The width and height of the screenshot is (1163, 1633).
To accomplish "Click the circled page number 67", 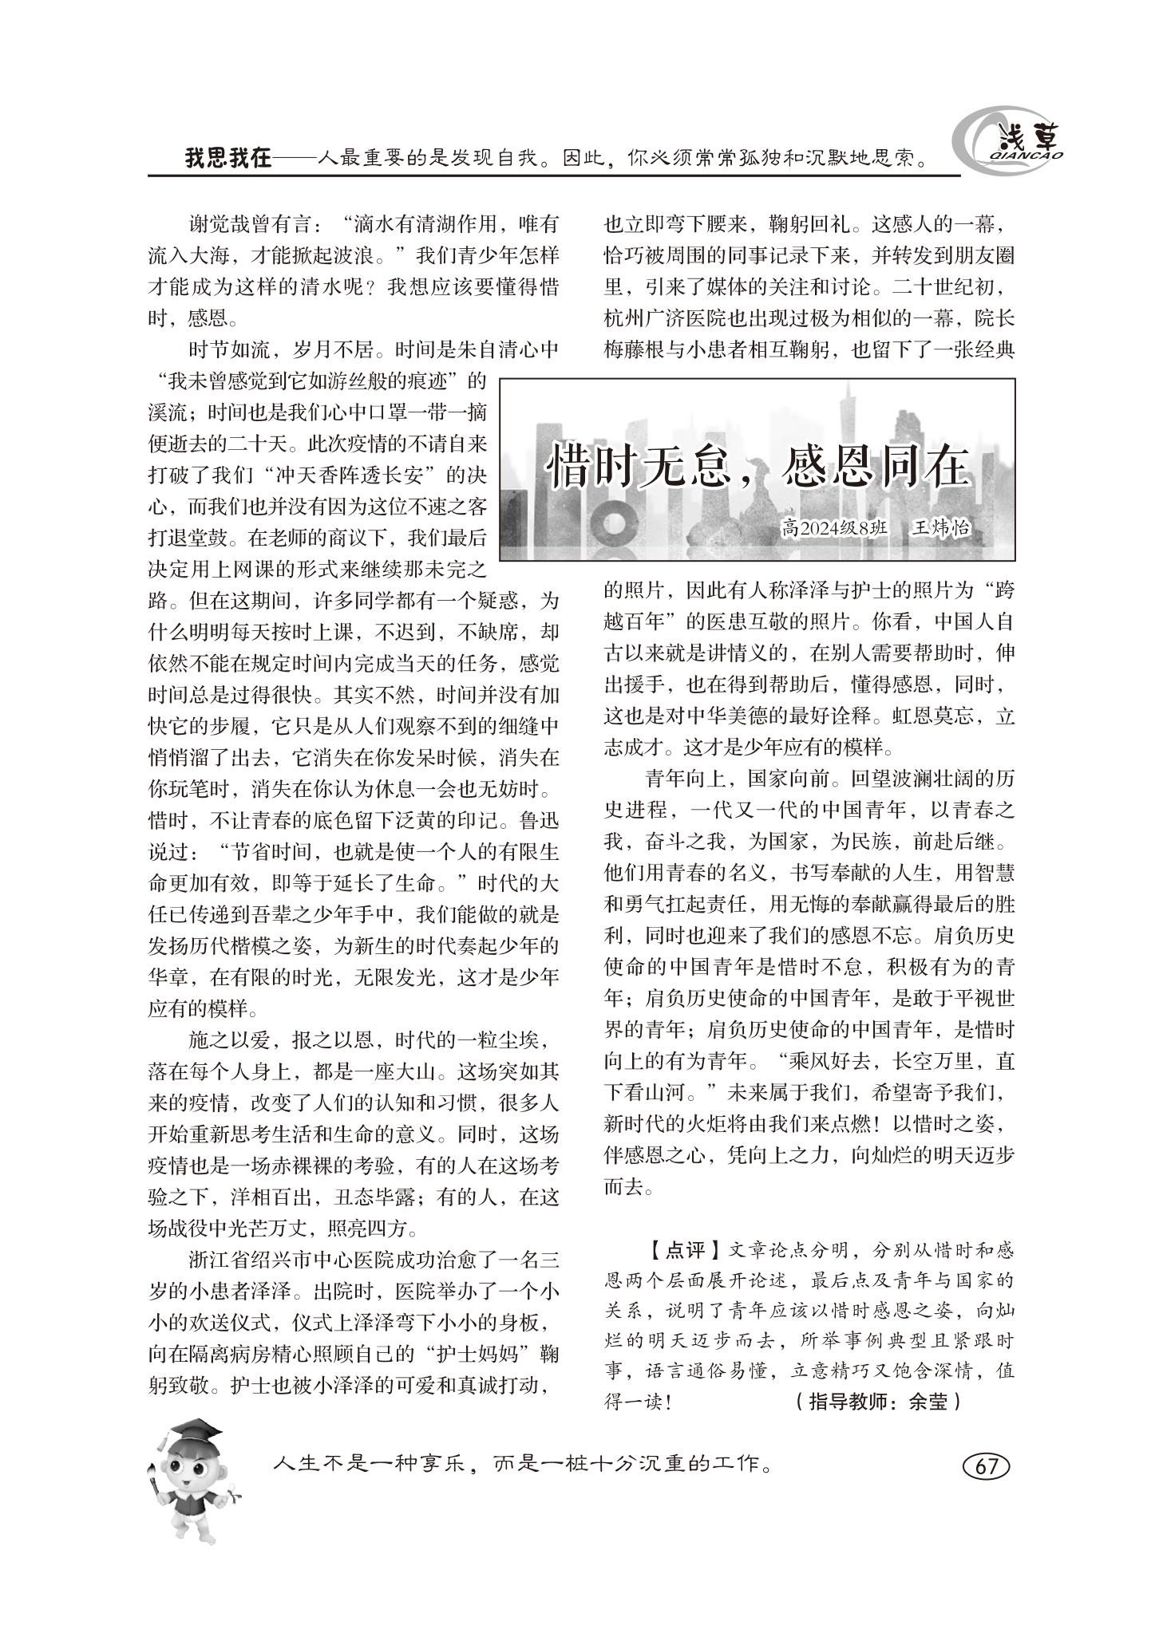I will pos(986,1466).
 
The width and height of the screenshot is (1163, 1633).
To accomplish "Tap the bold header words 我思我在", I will pos(228,159).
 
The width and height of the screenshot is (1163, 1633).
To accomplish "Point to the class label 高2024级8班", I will pos(835,530).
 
